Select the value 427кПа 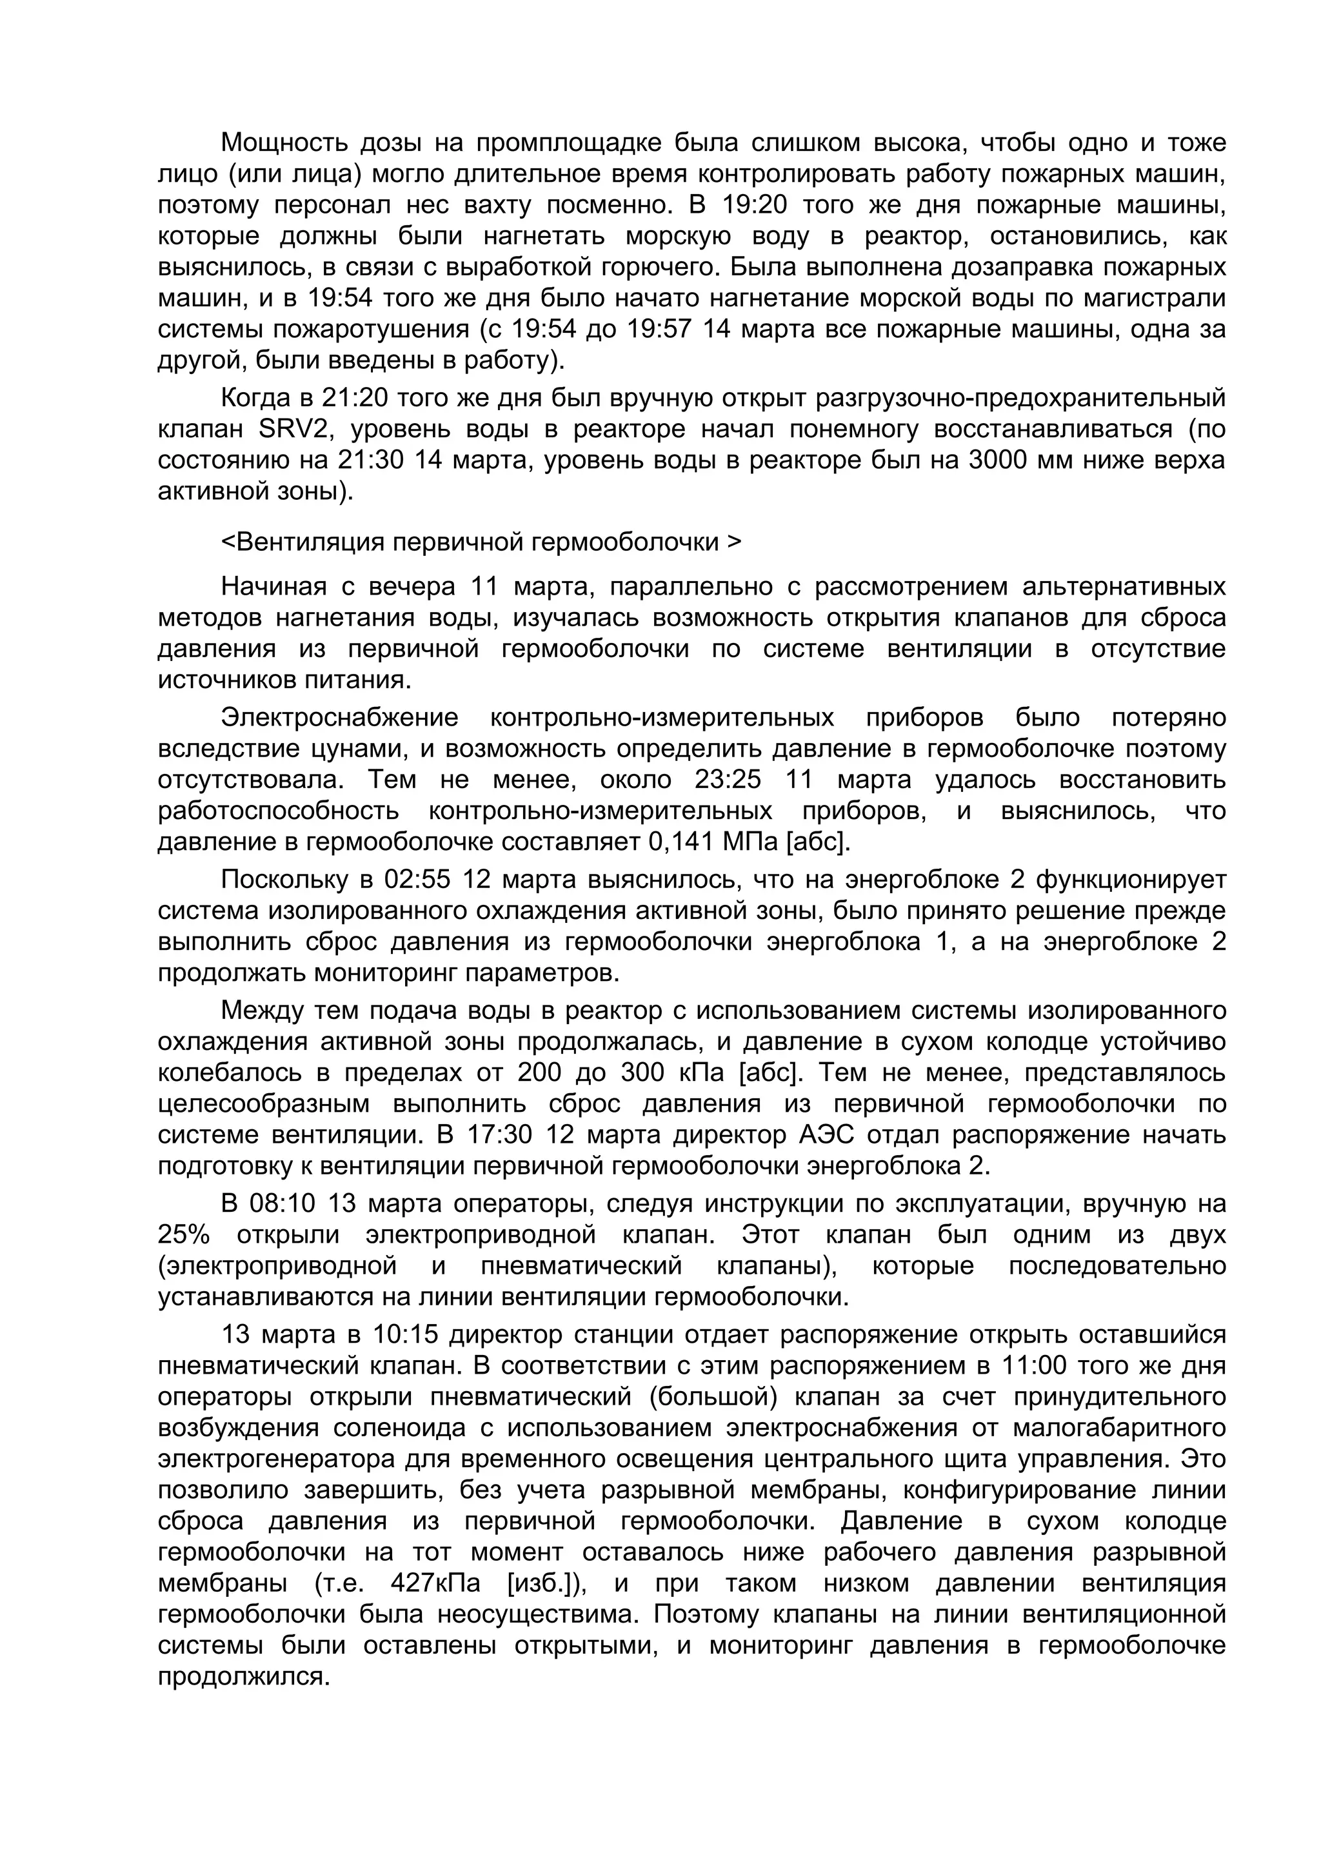click(x=435, y=1583)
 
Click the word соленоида click(x=397, y=1428)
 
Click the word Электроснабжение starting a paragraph click(x=339, y=717)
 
